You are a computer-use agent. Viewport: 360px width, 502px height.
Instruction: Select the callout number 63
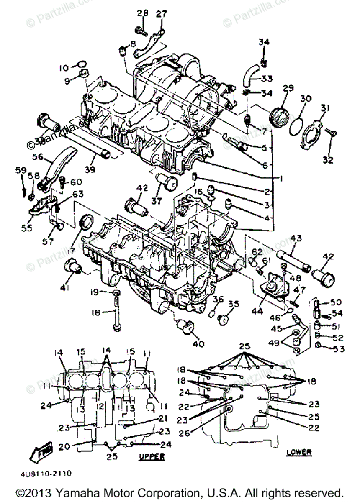pyautogui.click(x=77, y=194)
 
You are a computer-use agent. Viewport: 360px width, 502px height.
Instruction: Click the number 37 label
pyautogui.click(x=156, y=201)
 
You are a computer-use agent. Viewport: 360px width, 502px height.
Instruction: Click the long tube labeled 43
pyautogui.click(x=292, y=256)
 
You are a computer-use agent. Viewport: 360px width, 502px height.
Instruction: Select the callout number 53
pyautogui.click(x=339, y=348)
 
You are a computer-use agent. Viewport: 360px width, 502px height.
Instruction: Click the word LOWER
pyautogui.click(x=299, y=452)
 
